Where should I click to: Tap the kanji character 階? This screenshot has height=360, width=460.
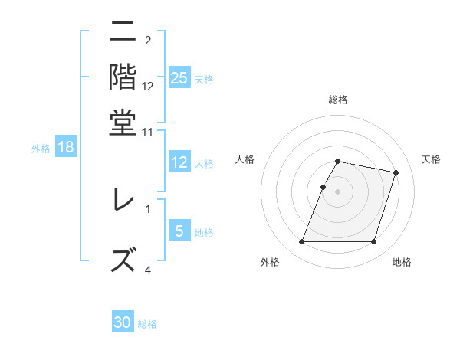point(123,77)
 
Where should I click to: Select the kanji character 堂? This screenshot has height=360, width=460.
point(123,122)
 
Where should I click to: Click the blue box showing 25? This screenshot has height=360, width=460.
point(179,78)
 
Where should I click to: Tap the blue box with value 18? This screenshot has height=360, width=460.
point(66,148)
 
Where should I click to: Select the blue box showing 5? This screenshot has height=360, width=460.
point(179,231)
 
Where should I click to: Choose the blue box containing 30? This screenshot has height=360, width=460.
point(123,322)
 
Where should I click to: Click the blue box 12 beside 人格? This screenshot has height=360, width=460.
point(179,162)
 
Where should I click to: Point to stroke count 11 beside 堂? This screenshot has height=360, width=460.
point(148,133)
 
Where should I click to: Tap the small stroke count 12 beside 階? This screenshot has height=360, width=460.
point(148,87)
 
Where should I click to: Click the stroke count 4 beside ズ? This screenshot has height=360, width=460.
point(148,270)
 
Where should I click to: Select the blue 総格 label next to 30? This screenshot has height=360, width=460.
point(147,324)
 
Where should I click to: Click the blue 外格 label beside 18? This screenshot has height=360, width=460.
point(40,149)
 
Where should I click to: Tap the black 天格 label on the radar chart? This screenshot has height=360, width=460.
point(431,159)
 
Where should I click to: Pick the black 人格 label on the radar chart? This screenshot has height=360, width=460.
point(245,159)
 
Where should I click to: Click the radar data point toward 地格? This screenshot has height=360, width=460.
point(373,242)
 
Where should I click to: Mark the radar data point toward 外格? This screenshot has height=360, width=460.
point(301,242)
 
